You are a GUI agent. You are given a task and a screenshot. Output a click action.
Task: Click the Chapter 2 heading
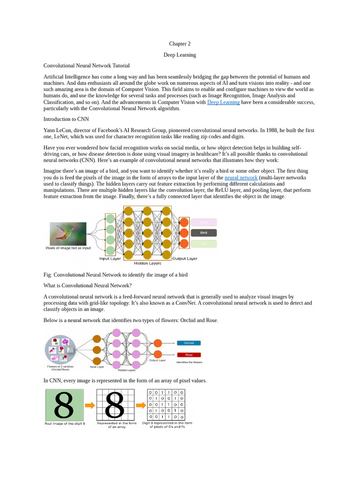180,44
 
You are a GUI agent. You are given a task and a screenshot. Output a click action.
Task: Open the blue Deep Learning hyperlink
223,102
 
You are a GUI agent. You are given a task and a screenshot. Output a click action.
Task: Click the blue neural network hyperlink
241,178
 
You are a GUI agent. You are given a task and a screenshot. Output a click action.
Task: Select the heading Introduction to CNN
66,119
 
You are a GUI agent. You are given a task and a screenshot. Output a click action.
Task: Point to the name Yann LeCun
58,130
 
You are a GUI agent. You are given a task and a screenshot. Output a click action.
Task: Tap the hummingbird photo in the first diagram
68,234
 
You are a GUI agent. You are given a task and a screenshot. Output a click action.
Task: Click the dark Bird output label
203,232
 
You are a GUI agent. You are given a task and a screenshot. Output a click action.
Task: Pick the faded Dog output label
203,222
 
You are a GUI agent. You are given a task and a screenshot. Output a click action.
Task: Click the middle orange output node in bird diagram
184,233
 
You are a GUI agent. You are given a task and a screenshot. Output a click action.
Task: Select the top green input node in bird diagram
110,219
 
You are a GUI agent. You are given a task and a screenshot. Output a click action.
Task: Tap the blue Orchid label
188,343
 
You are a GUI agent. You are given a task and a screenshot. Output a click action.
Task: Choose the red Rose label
188,355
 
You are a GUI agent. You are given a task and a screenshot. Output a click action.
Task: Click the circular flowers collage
60,348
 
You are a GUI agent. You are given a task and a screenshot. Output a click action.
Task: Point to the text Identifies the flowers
189,362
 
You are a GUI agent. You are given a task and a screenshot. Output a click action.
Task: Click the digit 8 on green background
64,405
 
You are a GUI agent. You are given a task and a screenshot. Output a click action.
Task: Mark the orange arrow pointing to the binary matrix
141,405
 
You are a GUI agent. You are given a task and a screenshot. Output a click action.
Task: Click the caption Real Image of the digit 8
65,423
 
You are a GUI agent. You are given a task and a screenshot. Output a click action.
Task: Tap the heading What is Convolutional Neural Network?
88,285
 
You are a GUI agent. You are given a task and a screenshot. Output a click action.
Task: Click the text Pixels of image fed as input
68,248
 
